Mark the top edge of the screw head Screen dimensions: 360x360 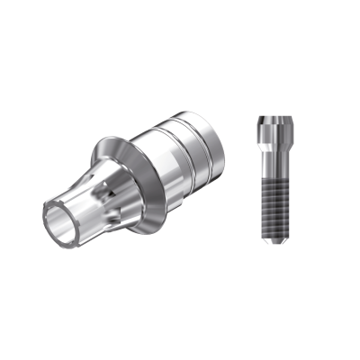[x=275, y=116]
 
